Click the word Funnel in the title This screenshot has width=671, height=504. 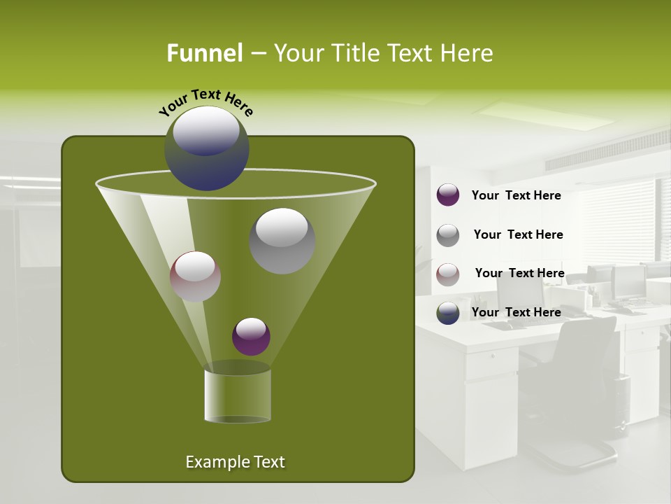click(x=204, y=53)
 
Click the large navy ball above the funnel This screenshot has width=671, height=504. click(x=207, y=148)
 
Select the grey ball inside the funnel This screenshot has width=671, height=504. click(x=282, y=241)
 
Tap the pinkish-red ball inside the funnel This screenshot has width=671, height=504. click(x=196, y=276)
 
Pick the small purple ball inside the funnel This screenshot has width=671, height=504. click(x=251, y=337)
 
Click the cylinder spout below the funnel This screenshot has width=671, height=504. click(x=238, y=395)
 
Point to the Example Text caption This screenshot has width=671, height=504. click(x=236, y=462)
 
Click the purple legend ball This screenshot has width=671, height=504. click(x=448, y=195)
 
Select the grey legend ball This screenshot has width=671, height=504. click(x=448, y=235)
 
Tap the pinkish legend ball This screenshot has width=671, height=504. click(x=448, y=274)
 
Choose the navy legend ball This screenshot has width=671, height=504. click(x=448, y=313)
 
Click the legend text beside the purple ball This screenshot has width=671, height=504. click(x=516, y=196)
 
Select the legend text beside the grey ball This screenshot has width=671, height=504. click(x=518, y=235)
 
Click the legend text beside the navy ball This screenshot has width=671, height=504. click(x=516, y=313)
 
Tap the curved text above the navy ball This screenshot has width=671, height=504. click(x=206, y=102)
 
